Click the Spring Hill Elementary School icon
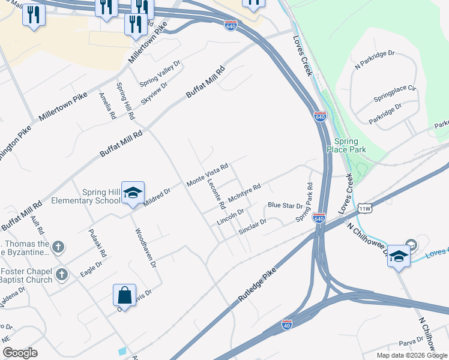tap(133, 193)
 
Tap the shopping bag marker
tap(124, 295)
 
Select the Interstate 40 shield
tap(287, 325)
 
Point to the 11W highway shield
tap(365, 209)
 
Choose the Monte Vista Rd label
tap(208, 174)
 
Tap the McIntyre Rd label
tap(244, 193)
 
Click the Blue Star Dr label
tap(285, 205)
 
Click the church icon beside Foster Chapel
tap(61, 275)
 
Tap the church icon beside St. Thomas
tap(58, 246)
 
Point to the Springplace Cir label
tap(394, 92)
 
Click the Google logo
tap(20, 353)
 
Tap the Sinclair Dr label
tap(252, 226)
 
